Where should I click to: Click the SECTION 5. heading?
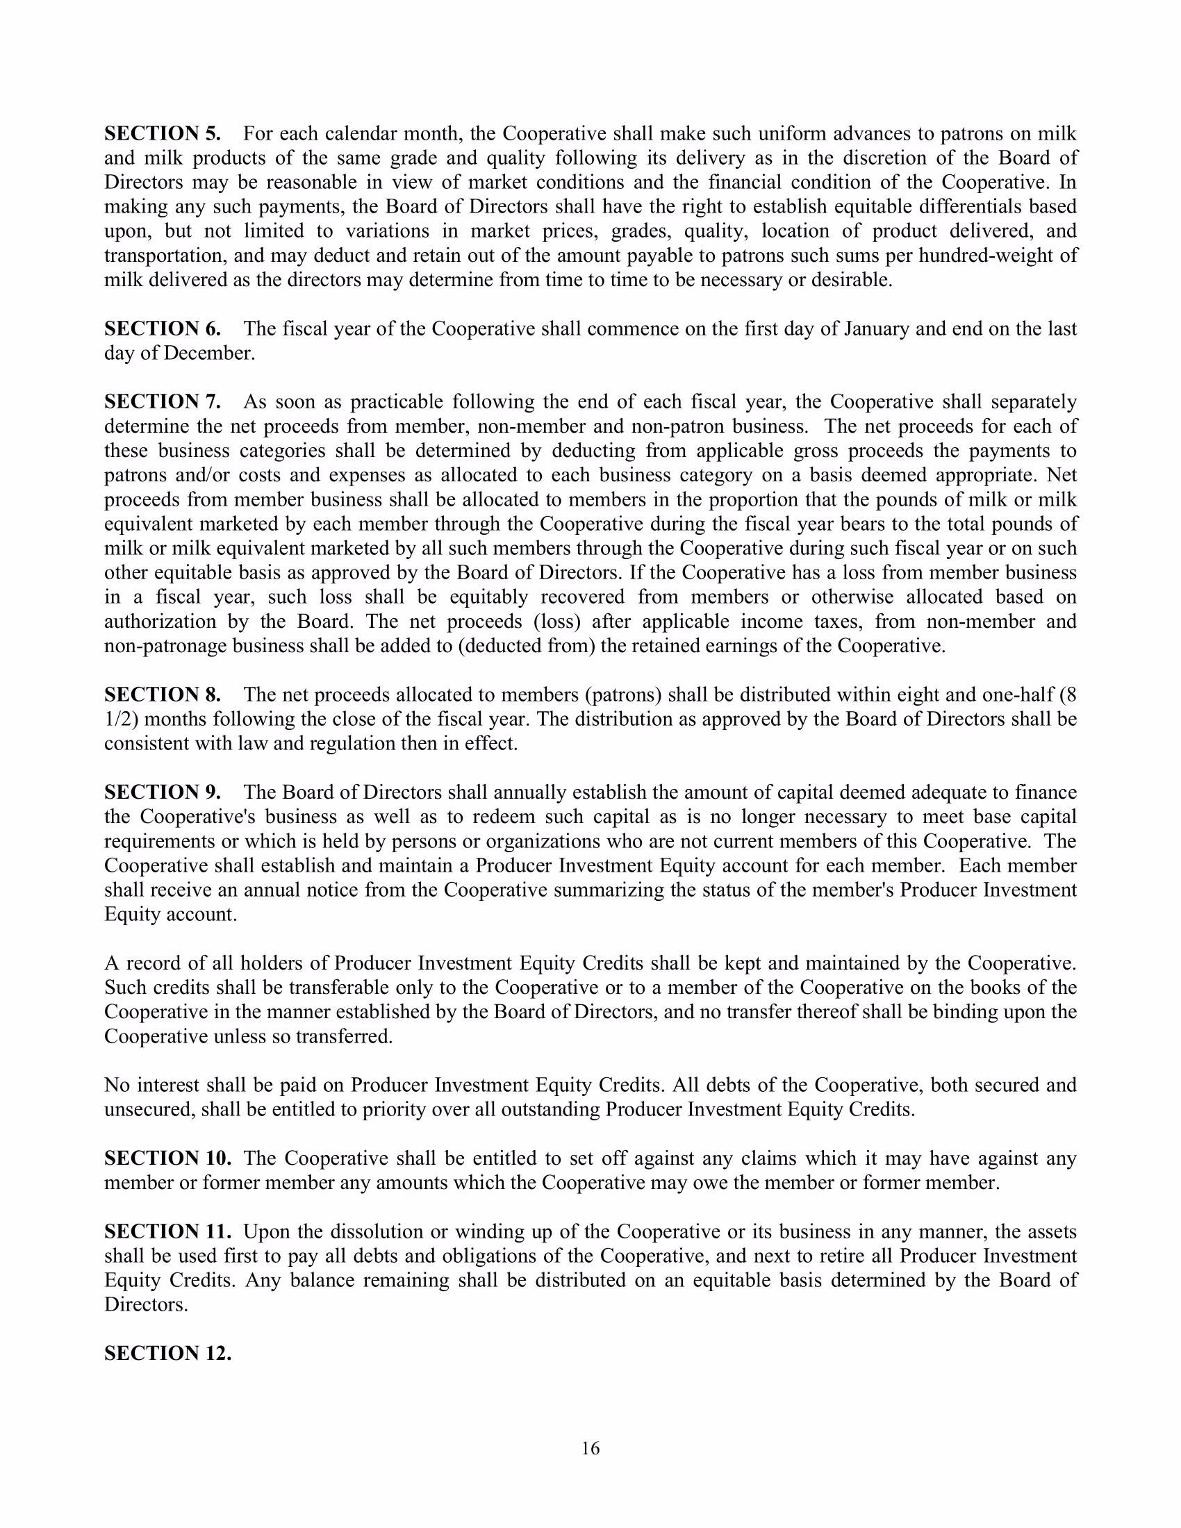tap(163, 133)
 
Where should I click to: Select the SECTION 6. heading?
tap(163, 329)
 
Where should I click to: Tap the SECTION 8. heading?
tap(163, 695)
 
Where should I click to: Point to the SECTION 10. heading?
tap(168, 1158)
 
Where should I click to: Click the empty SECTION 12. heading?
tap(168, 1353)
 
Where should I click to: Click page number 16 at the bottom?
tap(590, 1447)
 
